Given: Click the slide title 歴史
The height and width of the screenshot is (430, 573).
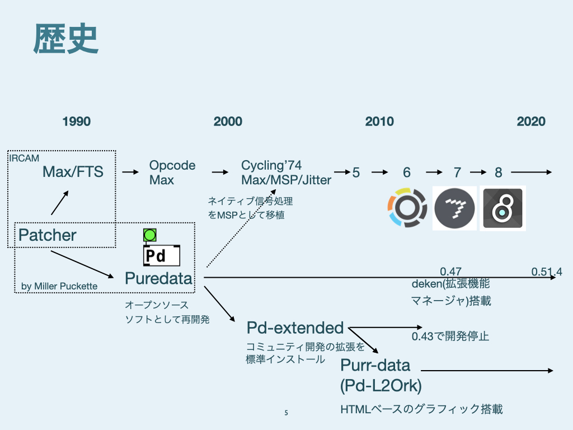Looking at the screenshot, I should (x=66, y=39).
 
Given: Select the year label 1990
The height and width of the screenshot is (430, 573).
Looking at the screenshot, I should (x=77, y=121).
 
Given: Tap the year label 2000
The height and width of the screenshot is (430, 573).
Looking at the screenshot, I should (x=228, y=121).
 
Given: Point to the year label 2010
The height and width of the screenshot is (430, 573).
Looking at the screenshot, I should (x=379, y=121).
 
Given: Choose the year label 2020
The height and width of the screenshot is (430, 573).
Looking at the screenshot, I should (x=531, y=121).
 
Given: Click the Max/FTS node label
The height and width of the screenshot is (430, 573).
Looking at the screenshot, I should (x=73, y=172).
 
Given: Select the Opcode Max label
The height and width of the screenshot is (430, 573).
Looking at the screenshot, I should (x=172, y=172).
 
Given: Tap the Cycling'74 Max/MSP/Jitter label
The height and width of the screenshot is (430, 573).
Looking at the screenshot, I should (x=286, y=172).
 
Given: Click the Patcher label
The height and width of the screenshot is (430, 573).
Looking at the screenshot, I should (x=47, y=235).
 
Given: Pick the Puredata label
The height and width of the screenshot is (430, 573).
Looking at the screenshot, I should (x=158, y=278).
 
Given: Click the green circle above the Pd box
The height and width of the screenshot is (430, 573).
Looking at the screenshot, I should (x=149, y=236).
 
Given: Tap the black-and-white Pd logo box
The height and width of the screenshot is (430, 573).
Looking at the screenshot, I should (x=162, y=256).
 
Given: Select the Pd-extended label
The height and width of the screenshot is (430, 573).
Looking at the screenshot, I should (x=295, y=328).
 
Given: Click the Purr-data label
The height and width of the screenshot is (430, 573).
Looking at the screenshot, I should (x=375, y=366).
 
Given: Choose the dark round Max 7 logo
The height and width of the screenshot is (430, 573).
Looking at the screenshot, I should (x=454, y=208).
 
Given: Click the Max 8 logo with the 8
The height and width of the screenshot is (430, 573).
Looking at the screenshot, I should (x=502, y=208).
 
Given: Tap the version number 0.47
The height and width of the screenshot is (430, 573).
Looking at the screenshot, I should (x=450, y=272).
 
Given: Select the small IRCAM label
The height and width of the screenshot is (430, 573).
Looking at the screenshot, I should (x=24, y=158).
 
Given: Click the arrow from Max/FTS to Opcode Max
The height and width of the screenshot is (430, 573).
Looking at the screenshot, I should (x=130, y=172).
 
